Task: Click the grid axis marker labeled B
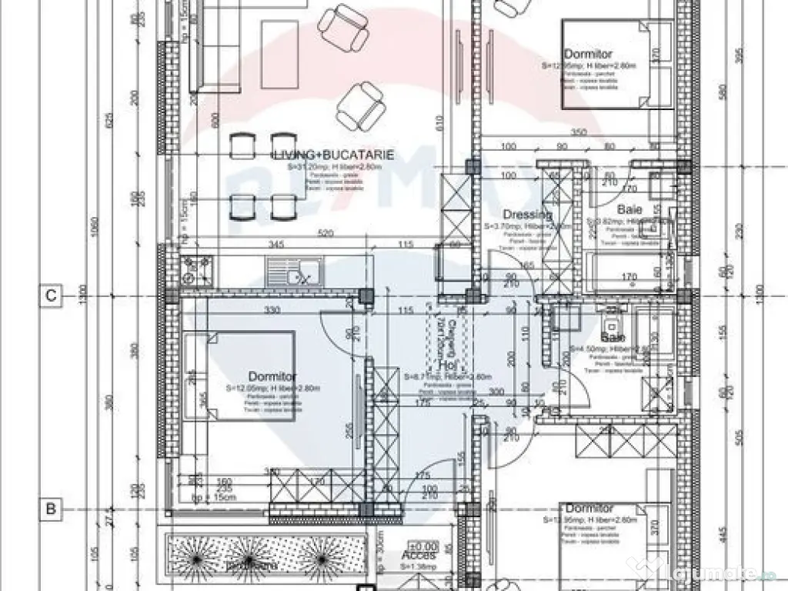[50, 509]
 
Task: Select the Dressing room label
[527, 215]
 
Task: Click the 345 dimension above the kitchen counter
[276, 245]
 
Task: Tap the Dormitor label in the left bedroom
[273, 376]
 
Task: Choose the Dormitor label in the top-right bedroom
[588, 55]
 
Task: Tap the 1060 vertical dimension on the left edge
[93, 229]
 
